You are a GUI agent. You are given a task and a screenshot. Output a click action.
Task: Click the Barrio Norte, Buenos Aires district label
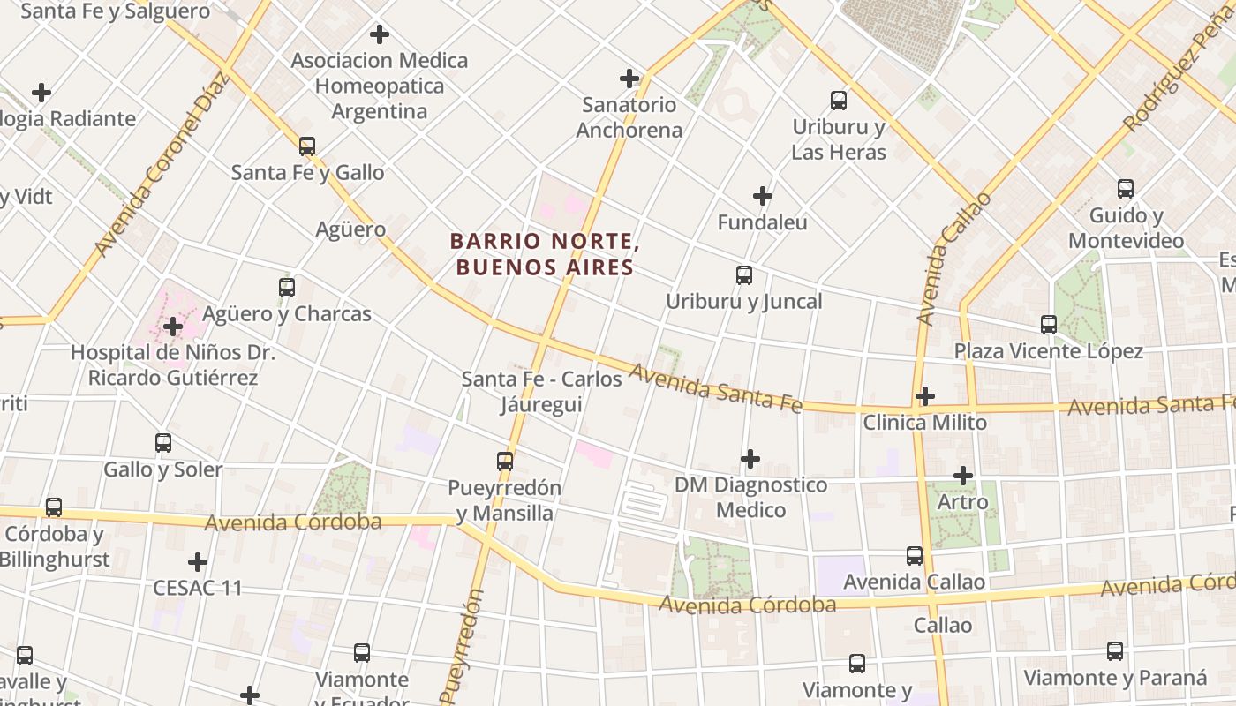pos(543,254)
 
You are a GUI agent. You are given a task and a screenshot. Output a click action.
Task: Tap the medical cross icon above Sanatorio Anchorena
pos(629,79)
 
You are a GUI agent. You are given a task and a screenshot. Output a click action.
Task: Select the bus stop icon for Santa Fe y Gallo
pos(307,146)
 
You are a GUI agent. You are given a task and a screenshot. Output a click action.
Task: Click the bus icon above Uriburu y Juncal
pos(744,275)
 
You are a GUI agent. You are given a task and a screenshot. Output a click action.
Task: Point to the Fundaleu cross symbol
pos(763,196)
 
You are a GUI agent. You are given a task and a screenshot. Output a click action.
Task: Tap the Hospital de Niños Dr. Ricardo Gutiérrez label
pos(173,365)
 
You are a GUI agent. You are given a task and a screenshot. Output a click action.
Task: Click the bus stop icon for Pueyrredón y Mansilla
pos(505,461)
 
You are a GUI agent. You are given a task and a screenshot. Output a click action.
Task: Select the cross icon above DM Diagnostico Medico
pos(750,459)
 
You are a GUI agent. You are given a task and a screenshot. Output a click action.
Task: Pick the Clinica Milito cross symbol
pos(924,396)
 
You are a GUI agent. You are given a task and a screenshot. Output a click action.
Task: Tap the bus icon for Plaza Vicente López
pos(1049,325)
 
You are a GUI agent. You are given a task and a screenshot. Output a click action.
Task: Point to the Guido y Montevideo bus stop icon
pos(1126,189)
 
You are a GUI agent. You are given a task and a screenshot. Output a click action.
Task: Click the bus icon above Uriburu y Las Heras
pos(839,101)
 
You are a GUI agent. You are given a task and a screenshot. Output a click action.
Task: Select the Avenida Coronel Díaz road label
pos(162,164)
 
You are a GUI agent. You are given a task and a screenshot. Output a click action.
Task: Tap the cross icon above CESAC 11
pos(198,562)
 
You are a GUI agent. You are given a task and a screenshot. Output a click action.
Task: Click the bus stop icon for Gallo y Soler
pos(163,443)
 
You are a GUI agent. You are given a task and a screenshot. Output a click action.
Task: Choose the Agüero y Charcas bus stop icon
pos(287,288)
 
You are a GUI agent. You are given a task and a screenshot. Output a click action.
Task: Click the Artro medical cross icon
pos(963,476)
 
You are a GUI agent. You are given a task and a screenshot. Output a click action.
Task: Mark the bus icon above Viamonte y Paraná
pos(1115,651)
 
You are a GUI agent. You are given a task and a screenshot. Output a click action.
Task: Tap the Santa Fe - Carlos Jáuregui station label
pos(542,392)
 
